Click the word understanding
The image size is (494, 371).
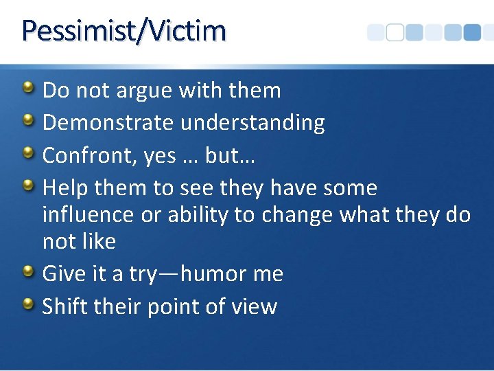(252, 123)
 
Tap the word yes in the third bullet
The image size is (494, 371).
(160, 157)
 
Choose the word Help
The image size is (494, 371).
(65, 188)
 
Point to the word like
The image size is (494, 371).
(98, 241)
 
